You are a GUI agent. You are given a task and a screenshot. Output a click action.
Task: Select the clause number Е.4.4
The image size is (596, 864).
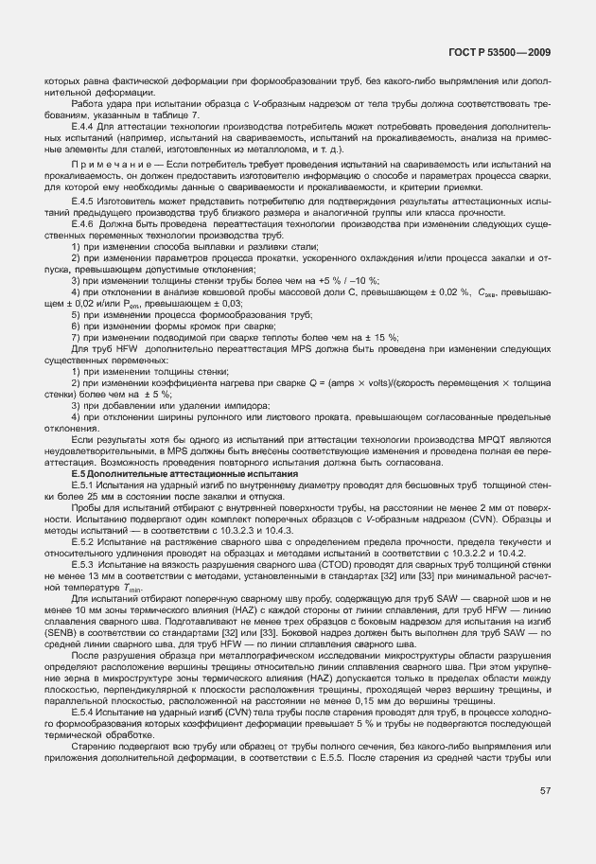[x=83, y=124]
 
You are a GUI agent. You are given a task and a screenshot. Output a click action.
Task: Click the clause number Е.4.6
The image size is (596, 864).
[x=83, y=223]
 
